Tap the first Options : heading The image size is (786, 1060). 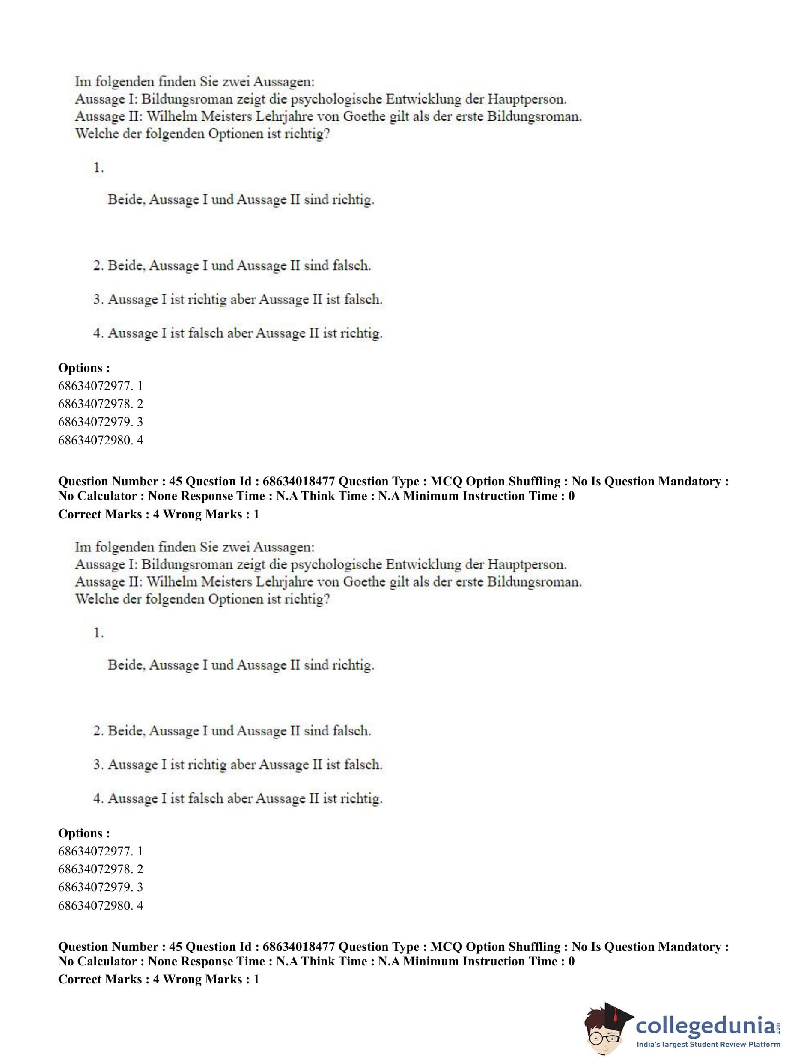click(84, 368)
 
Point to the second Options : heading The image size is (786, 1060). click(84, 833)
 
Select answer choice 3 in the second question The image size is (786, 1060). click(238, 765)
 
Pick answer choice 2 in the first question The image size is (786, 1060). click(232, 265)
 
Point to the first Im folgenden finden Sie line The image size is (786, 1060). click(194, 82)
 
